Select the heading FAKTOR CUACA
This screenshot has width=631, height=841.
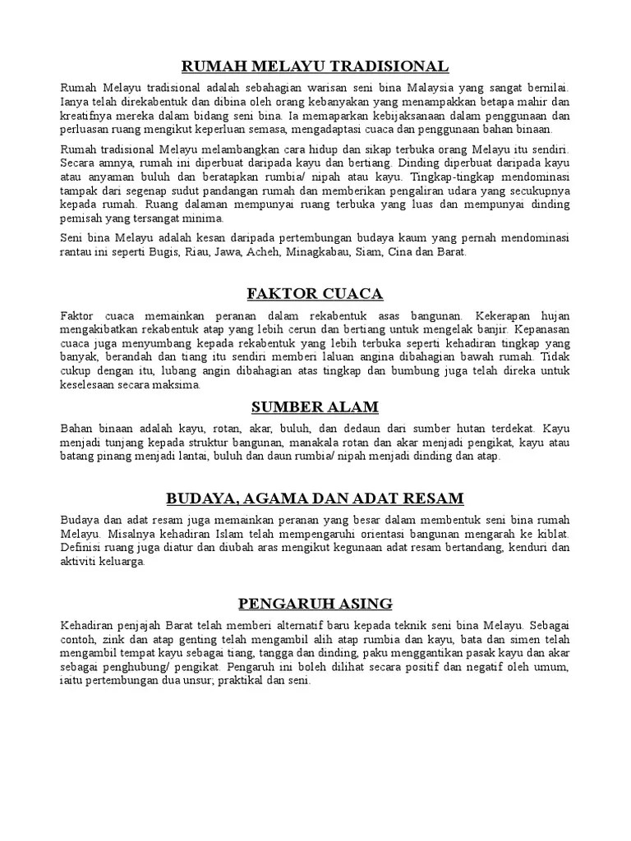[x=315, y=293]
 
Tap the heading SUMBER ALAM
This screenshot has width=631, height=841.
[x=315, y=407]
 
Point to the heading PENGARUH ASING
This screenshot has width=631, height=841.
[x=315, y=604]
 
